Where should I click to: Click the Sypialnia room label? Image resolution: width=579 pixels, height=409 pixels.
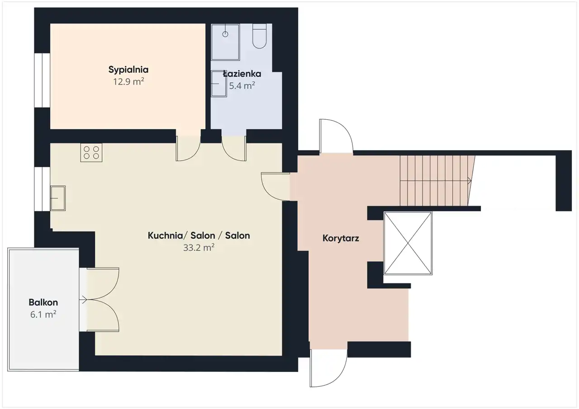[x=128, y=70]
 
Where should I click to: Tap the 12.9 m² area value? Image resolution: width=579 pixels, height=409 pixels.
[x=128, y=82]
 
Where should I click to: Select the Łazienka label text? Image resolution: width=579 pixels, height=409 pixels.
[x=242, y=74]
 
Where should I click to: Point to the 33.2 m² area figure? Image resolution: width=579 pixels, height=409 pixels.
[x=199, y=248]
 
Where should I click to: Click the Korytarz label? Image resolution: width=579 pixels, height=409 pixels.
[x=341, y=238]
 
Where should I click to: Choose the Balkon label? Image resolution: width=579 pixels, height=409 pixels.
[x=43, y=302]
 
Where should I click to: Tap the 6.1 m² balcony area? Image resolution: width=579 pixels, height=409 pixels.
[x=43, y=314]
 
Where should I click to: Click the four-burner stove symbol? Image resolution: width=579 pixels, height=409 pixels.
[x=91, y=153]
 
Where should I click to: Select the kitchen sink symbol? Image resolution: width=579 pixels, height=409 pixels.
[x=58, y=198]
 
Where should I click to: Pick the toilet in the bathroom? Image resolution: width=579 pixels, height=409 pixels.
[x=259, y=36]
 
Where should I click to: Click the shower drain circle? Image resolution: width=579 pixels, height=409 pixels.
[x=225, y=34]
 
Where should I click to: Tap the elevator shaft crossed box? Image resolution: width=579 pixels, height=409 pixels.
[x=408, y=243]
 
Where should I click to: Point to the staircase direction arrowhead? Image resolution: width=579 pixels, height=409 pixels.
[x=470, y=181]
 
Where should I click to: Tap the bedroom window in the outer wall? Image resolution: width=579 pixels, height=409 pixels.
[x=42, y=80]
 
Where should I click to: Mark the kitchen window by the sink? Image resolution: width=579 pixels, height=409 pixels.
[x=42, y=189]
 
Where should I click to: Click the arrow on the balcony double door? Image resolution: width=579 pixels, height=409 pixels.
[x=83, y=300]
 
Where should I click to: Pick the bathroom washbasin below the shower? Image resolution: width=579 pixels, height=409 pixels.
[x=218, y=84]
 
